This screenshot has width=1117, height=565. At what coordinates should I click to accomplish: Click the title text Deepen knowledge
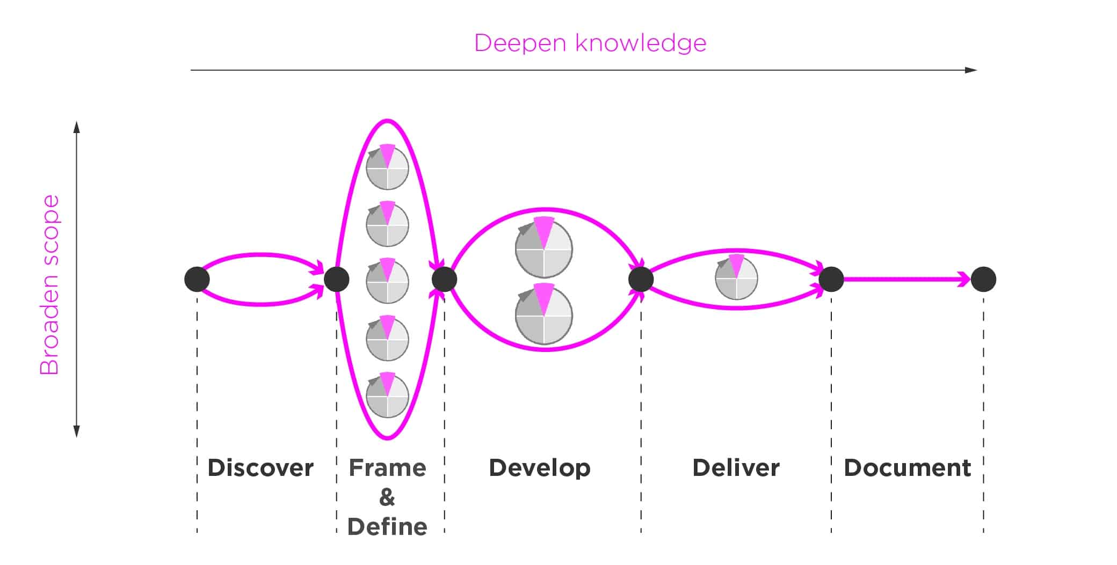click(x=590, y=43)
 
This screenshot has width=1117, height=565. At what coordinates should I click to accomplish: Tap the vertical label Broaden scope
click(x=49, y=284)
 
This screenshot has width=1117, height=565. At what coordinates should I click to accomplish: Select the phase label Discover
click(x=260, y=468)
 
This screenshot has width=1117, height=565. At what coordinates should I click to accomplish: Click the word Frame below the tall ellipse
click(x=387, y=468)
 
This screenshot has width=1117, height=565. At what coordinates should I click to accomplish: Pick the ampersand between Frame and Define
click(x=387, y=497)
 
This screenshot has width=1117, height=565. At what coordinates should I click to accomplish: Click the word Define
click(x=387, y=527)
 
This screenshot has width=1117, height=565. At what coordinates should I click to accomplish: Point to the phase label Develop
click(x=540, y=468)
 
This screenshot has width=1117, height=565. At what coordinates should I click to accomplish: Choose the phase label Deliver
click(x=736, y=468)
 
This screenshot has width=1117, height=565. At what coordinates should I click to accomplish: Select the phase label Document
click(x=907, y=468)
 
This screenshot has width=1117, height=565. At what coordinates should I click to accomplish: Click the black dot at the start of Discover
click(x=197, y=280)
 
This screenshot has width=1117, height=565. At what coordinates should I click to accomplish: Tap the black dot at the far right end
click(x=983, y=280)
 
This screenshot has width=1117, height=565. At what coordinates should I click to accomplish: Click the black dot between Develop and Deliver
click(x=641, y=280)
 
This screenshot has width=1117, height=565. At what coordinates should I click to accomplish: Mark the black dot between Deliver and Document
click(x=831, y=280)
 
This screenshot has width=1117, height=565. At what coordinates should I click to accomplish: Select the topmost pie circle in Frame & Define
click(x=387, y=168)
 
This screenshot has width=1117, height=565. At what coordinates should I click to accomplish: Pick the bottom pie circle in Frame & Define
click(x=387, y=396)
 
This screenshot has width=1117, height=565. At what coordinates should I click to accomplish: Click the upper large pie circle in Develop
click(x=544, y=249)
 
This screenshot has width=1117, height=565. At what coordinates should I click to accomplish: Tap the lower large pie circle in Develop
click(x=544, y=315)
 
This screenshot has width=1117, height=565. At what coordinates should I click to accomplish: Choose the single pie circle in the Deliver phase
click(x=736, y=278)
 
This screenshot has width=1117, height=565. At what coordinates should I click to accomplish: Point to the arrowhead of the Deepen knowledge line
click(x=971, y=70)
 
